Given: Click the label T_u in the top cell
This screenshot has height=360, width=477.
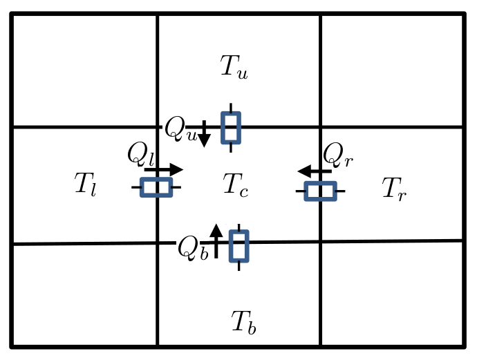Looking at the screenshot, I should [234, 67].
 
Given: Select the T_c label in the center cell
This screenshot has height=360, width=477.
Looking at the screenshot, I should [235, 184].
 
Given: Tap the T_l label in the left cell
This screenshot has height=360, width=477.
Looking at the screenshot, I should [85, 184].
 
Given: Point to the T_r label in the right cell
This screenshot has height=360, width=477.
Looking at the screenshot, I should [394, 189].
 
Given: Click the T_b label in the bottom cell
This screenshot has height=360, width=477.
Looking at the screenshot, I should [243, 322].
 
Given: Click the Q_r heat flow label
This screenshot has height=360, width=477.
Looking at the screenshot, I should [338, 154].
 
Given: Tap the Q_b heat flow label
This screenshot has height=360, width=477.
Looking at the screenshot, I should [192, 248].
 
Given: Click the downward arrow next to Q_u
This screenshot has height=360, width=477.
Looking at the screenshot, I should [204, 134].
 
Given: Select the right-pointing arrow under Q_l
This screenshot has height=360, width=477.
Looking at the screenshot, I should [164, 170].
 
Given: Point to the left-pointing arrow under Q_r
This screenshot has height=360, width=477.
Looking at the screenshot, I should [314, 171].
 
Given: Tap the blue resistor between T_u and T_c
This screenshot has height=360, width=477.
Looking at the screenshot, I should [231, 128].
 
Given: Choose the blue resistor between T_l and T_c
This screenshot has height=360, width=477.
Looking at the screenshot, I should [156, 187].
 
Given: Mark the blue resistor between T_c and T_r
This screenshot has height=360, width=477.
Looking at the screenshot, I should [320, 191].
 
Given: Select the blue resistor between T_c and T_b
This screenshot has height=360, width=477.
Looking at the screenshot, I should [238, 247].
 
